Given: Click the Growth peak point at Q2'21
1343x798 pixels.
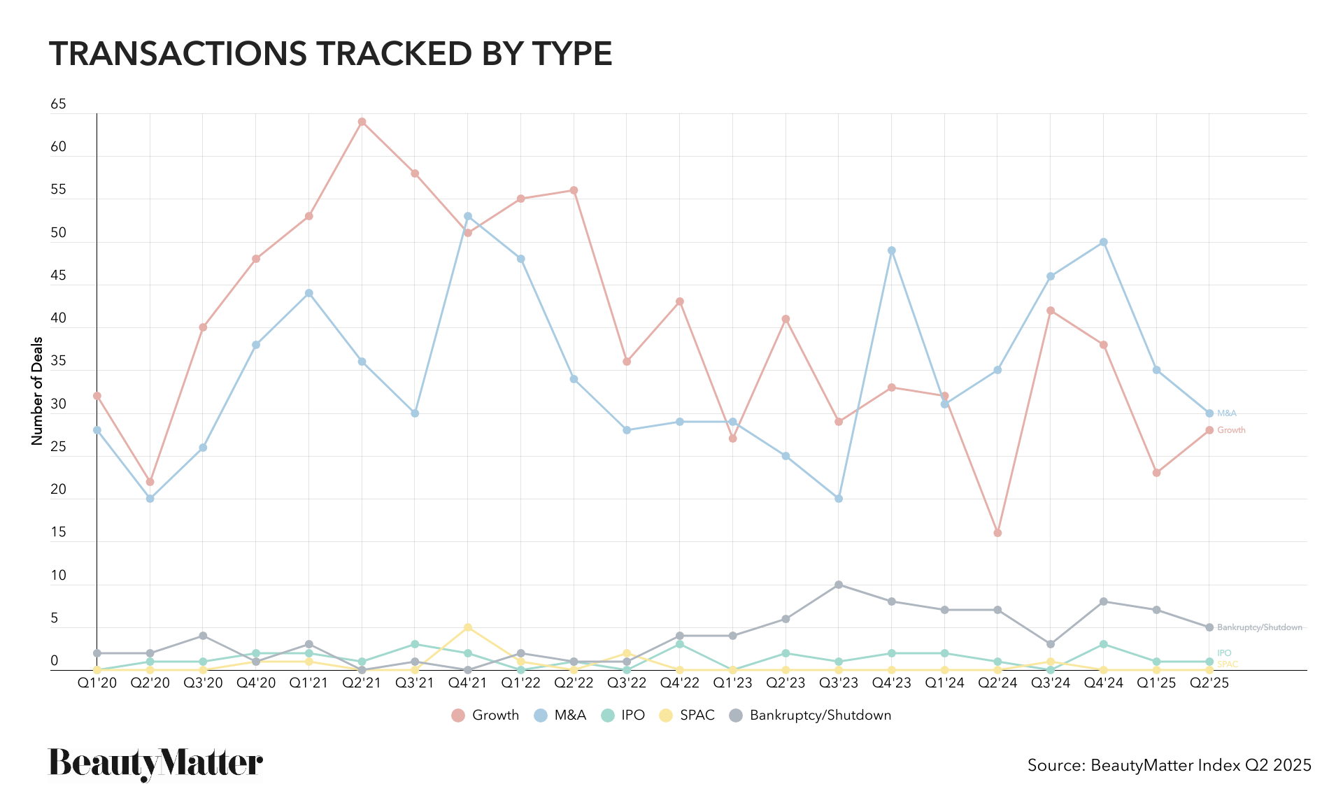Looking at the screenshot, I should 362,122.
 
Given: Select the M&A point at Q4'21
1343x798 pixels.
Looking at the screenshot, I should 468,216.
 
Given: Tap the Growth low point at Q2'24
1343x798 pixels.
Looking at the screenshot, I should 997,533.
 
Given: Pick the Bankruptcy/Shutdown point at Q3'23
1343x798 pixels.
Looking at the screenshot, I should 839,585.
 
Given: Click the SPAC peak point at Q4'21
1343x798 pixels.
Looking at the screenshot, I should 468,627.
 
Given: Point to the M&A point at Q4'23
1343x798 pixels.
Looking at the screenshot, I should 892,250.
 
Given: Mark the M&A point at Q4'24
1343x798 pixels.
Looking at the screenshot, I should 1104,242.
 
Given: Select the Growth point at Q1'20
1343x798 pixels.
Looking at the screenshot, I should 97,396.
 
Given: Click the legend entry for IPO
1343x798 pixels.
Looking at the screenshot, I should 623,715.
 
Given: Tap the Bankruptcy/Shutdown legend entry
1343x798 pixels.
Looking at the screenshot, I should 811,715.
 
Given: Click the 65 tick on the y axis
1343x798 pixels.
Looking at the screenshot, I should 58,104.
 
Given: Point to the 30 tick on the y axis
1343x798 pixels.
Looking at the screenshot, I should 58,404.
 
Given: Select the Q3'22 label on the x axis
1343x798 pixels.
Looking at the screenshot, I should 627,683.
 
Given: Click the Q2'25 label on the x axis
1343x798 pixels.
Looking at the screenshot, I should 1209,683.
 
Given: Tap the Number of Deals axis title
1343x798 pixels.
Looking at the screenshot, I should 37,391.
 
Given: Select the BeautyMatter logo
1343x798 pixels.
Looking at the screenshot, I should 155,764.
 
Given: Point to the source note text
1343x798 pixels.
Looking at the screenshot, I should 1169,765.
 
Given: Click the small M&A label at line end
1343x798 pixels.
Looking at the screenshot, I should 1227,413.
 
